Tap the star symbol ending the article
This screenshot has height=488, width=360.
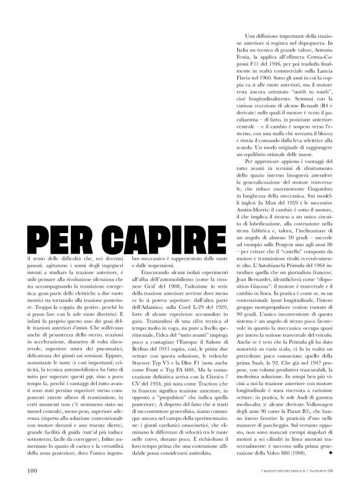tap(331, 453)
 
